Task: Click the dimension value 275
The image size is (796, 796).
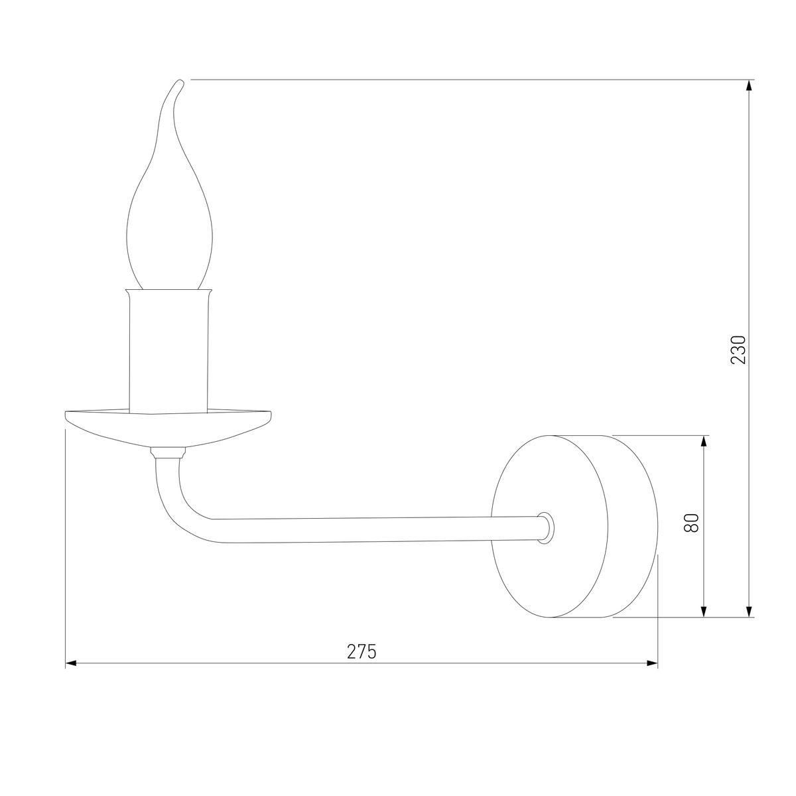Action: (362, 651)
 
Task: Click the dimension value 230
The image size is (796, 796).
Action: (738, 350)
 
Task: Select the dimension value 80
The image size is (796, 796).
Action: (692, 523)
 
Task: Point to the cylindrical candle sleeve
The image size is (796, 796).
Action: (169, 352)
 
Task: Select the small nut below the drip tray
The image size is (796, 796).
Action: (166, 454)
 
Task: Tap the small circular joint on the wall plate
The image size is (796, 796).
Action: (545, 528)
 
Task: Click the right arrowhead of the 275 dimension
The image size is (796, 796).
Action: (653, 663)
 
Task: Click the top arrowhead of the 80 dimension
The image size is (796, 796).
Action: (704, 440)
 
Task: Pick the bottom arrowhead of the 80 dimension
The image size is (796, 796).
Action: (704, 612)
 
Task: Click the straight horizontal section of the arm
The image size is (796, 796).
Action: (371, 529)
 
